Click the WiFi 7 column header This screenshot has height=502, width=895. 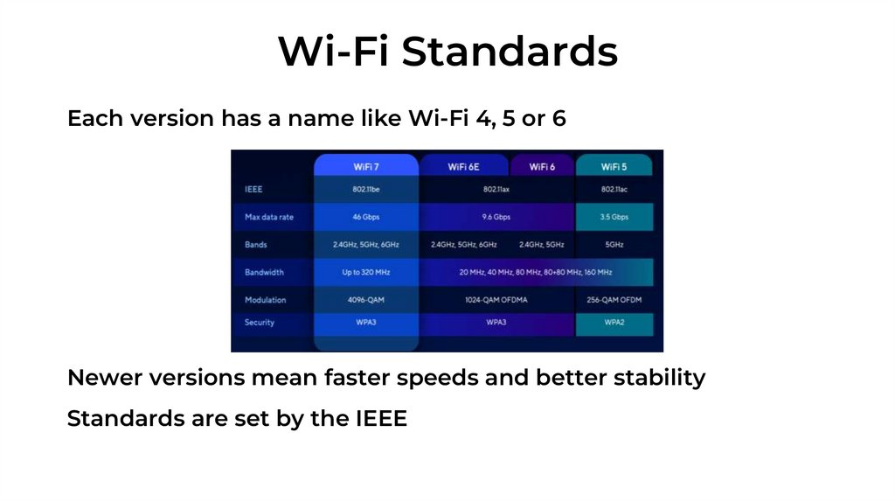click(x=366, y=166)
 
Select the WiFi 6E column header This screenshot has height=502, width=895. click(x=464, y=166)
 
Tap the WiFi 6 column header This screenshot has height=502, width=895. click(x=542, y=166)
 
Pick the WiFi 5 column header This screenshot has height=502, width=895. click(x=614, y=166)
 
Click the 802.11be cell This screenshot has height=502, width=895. click(x=366, y=189)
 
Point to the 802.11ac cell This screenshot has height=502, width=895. click(x=614, y=189)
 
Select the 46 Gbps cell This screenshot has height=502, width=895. click(x=366, y=217)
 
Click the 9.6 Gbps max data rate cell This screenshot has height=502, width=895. click(x=496, y=217)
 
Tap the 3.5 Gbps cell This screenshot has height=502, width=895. click(x=614, y=217)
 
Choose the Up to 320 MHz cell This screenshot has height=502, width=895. click(x=366, y=272)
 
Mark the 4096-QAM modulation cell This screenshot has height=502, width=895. click(x=366, y=300)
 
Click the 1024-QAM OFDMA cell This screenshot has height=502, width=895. click(x=496, y=300)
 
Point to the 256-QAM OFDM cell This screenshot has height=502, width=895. click(x=614, y=300)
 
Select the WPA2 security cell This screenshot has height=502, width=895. click(x=614, y=322)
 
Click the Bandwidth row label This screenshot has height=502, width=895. click(x=264, y=272)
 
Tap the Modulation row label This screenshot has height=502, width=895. click(x=266, y=300)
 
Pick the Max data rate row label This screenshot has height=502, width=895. click(x=269, y=217)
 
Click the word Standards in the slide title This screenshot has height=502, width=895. click(x=510, y=52)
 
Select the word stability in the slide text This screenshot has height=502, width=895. click(x=659, y=378)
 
